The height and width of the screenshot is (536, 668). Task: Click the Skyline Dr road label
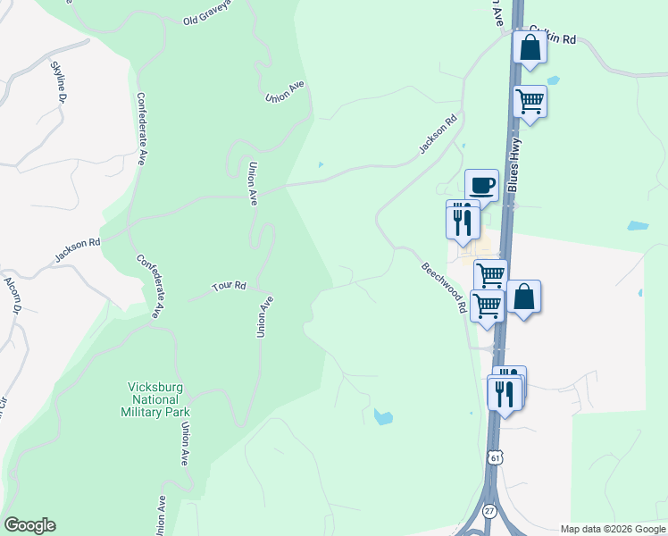(59, 80)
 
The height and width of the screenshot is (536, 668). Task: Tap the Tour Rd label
(228, 287)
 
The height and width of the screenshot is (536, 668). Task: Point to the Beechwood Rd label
(445, 287)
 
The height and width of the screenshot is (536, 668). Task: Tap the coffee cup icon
(481, 185)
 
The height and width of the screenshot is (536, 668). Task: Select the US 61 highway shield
(495, 457)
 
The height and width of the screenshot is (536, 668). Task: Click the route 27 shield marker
(489, 509)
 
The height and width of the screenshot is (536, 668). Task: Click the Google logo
(29, 525)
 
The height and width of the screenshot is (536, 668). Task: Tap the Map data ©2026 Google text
(613, 529)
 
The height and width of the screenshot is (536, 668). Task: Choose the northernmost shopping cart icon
(530, 102)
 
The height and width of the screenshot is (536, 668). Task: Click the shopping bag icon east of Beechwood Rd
(524, 297)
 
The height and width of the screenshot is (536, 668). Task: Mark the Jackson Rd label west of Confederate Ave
(77, 249)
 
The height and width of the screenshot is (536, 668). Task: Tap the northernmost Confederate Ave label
(141, 129)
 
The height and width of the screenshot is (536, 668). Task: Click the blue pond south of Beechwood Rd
(383, 416)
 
